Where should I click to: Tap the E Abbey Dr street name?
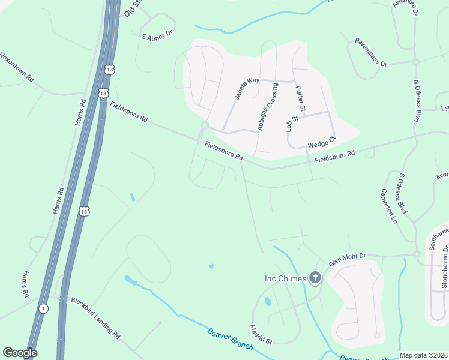tap(157, 37)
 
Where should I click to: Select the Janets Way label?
tap(247, 88)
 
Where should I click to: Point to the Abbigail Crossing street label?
tap(267, 107)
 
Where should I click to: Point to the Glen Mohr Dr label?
tap(347, 259)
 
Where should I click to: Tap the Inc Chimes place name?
tap(285, 278)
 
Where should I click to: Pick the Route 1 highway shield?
tap(43, 308)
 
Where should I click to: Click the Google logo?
tap(19, 353)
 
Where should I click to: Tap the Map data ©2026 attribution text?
tap(423, 355)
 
